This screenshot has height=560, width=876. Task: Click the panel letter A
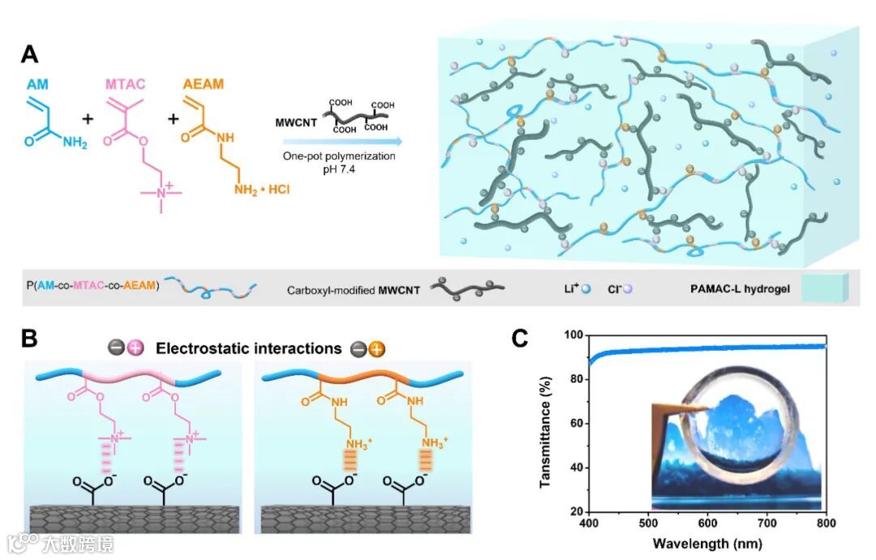point(29,55)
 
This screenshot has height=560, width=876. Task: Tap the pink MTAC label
point(127,84)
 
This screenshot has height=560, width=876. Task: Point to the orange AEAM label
point(204,84)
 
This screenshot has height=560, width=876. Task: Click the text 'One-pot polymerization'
point(350,156)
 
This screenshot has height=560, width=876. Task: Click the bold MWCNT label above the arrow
point(294,122)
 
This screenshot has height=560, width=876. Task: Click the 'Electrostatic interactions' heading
point(247,349)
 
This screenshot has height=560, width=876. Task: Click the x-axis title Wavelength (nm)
point(695,542)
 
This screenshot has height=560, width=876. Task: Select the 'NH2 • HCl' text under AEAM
point(260,190)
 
